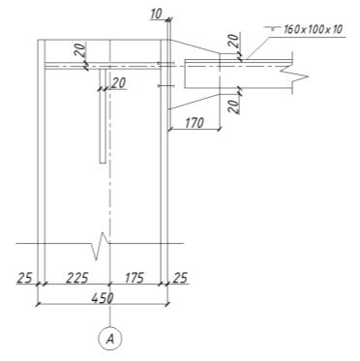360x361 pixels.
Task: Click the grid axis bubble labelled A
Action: point(110,339)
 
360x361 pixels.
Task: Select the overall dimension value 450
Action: point(103,298)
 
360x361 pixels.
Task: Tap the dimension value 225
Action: point(76,278)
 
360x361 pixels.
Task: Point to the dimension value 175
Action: point(135,278)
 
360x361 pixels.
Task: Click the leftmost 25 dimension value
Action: point(25,278)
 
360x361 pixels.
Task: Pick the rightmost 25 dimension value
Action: point(180,278)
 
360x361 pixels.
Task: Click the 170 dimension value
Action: point(195,123)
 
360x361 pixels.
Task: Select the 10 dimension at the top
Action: point(157,14)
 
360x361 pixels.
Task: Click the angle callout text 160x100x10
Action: point(313,30)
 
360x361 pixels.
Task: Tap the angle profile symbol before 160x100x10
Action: point(273,29)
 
